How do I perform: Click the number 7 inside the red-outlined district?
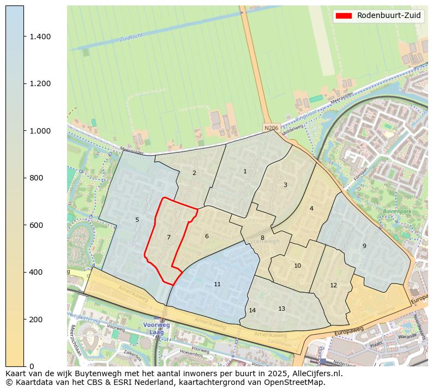tap(169, 237)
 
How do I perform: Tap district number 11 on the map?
tap(217, 284)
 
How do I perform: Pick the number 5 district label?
tap(137, 220)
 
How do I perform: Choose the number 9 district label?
tap(364, 246)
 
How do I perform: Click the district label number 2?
tap(194, 173)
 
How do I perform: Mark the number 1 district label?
tap(245, 171)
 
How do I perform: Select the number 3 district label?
tap(285, 185)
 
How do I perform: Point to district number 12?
tap(333, 285)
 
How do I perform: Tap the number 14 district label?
tap(252, 310)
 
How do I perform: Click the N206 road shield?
tap(270, 128)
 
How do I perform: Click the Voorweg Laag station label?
tap(157, 328)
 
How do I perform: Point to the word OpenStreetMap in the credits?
tap(298, 382)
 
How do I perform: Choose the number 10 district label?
tap(297, 266)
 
